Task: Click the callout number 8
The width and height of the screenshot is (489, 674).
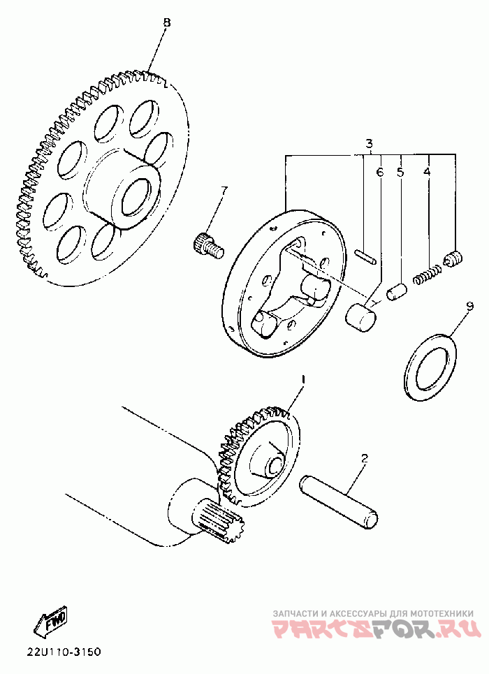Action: click(166, 22)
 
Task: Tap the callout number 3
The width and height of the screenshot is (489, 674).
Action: click(370, 144)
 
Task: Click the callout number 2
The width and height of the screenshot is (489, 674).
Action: click(364, 459)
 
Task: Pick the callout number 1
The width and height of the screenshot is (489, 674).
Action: click(303, 379)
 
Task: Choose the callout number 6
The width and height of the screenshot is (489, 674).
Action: click(380, 171)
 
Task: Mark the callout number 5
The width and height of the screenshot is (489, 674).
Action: click(400, 171)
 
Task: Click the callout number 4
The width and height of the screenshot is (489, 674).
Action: click(427, 171)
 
